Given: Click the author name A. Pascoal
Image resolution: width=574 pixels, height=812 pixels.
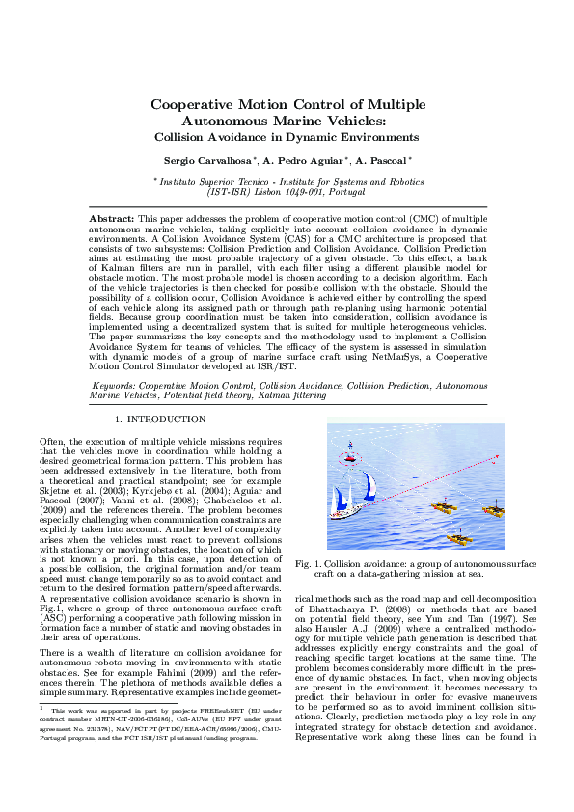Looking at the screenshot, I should pos(381,160).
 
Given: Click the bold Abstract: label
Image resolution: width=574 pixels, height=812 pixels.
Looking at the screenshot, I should pos(112,221).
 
